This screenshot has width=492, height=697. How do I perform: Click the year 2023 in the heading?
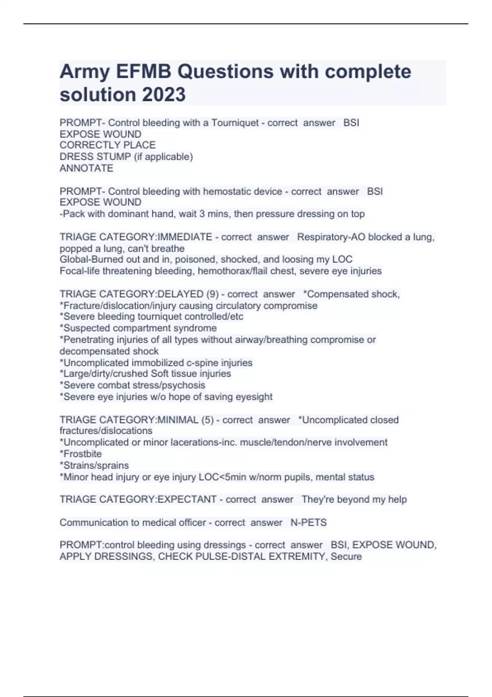(164, 95)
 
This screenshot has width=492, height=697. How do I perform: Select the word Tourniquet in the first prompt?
(235, 123)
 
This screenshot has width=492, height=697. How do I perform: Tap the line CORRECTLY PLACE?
(107, 145)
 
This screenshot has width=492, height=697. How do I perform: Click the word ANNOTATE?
(86, 168)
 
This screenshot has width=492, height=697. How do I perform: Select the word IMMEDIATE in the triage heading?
(185, 237)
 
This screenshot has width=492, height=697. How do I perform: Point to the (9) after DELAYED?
(212, 294)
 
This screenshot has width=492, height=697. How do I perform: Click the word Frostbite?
(82, 454)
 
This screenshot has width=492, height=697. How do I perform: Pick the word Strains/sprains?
(96, 465)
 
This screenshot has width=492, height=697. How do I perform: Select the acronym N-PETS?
(308, 522)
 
